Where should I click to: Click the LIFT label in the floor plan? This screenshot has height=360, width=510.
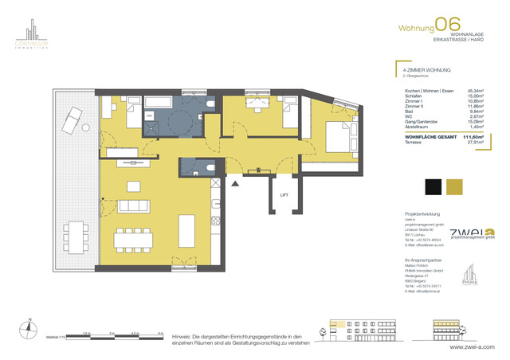[284, 195]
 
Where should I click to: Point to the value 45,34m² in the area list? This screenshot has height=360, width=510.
[475, 91]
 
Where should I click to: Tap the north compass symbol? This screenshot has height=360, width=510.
[29, 325]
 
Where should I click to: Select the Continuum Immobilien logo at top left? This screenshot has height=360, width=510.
[30, 37]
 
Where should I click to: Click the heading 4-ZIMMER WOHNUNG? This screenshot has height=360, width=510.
[422, 70]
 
